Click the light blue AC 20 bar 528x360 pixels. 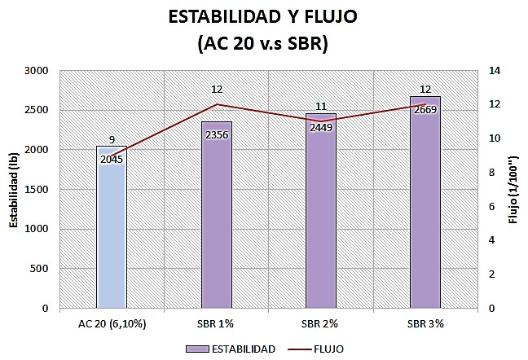[x=112, y=227]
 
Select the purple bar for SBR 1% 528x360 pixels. [x=217, y=215]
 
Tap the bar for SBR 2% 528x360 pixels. [x=321, y=211]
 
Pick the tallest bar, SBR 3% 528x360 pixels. [x=425, y=202]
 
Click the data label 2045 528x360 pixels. [x=112, y=160]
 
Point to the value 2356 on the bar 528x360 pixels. [x=217, y=135]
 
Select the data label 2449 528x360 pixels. [x=321, y=128]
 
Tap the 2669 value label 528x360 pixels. [x=425, y=110]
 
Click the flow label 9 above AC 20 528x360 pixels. [x=112, y=139]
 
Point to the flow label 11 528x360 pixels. [x=321, y=107]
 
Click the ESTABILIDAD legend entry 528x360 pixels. [x=231, y=349]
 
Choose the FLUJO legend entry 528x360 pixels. [x=316, y=349]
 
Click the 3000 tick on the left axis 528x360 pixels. [x=37, y=71]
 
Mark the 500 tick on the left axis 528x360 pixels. [x=40, y=269]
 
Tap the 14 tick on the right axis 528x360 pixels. [x=495, y=71]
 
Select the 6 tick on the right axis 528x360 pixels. [x=491, y=206]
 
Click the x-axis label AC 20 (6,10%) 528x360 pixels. [x=112, y=323]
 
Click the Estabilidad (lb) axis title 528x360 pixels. [x=14, y=190]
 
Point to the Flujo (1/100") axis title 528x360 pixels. [x=513, y=190]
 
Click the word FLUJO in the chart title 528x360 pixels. [x=331, y=17]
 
